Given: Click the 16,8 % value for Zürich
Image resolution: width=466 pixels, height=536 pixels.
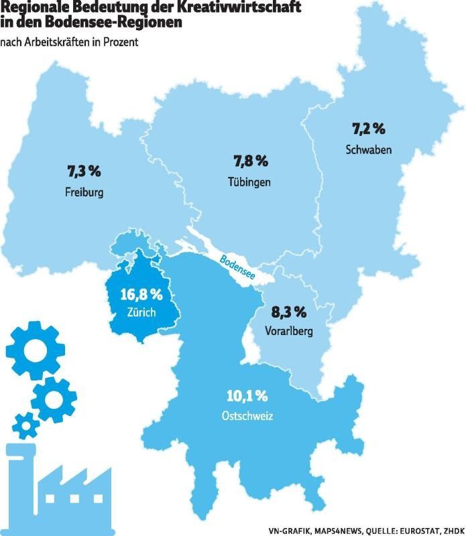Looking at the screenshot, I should [141, 294].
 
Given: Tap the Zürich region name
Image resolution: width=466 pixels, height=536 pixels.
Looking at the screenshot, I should [141, 312].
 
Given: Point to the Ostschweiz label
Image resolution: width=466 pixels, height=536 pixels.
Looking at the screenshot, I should [247, 416].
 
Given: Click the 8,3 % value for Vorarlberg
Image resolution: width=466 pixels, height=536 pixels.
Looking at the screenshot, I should [289, 312].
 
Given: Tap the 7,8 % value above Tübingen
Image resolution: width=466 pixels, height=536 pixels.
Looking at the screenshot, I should [250, 161].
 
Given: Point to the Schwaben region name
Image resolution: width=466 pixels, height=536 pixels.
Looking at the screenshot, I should [369, 148].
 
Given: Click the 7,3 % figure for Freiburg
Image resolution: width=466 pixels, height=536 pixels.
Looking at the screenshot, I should [84, 172].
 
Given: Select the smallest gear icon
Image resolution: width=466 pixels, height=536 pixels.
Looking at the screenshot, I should [26, 424].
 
